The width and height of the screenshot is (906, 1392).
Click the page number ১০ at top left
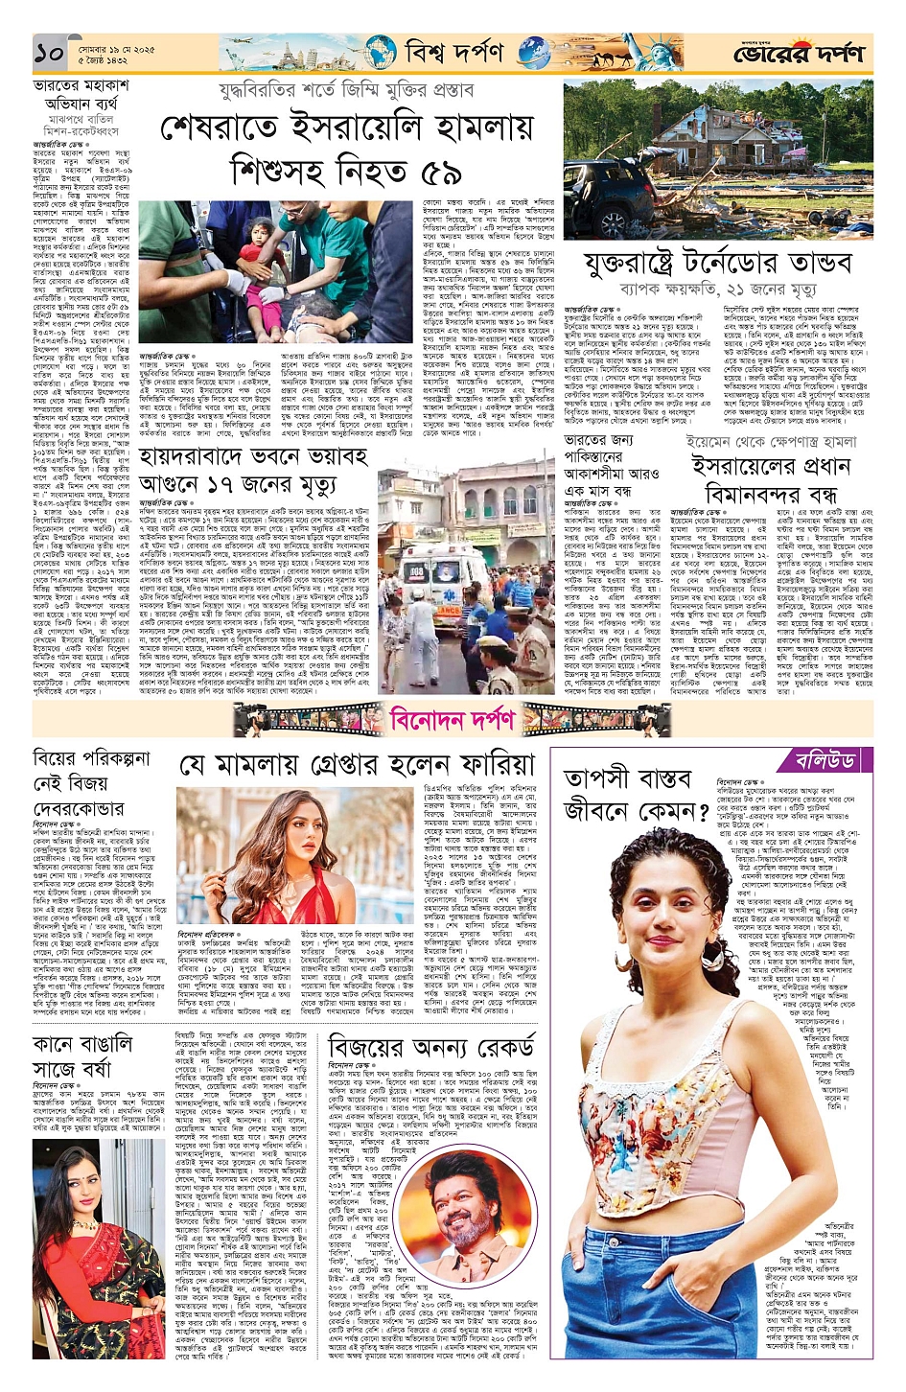click(x=49, y=53)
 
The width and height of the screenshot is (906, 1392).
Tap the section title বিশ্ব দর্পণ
click(x=453, y=52)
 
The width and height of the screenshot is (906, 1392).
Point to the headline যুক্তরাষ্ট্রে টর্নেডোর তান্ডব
click(x=717, y=263)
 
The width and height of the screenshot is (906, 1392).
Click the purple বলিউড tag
click(x=825, y=761)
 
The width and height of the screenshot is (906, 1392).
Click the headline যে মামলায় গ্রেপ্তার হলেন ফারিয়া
click(x=357, y=765)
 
